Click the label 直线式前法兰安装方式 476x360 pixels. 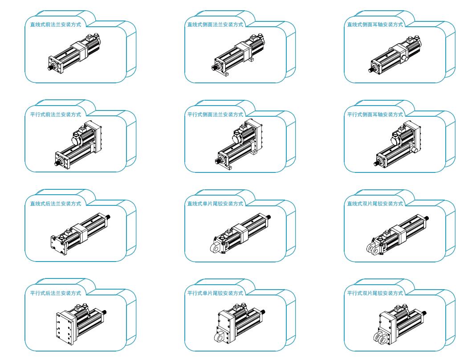pyautogui.click(x=56, y=25)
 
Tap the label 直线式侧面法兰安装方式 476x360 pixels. pyautogui.click(x=215, y=25)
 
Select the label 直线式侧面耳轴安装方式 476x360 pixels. pyautogui.click(x=375, y=25)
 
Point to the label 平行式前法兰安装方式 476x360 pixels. pyautogui.click(x=56, y=115)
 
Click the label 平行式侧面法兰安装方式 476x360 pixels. pyautogui.click(x=215, y=115)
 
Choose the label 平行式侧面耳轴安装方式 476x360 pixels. pyautogui.click(x=375, y=115)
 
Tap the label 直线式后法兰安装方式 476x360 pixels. pyautogui.click(x=56, y=204)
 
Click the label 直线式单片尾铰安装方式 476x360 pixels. pyautogui.click(x=215, y=204)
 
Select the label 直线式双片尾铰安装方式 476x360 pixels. pyautogui.click(x=375, y=204)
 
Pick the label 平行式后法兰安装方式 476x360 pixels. pyautogui.click(x=56, y=293)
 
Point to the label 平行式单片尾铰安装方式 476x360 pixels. pyautogui.click(x=215, y=293)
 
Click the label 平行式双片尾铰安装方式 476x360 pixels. pyautogui.click(x=375, y=293)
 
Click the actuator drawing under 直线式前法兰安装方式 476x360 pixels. pyautogui.click(x=74, y=53)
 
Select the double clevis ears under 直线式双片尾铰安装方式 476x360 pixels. pyautogui.click(x=373, y=249)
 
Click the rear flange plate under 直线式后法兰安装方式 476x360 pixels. pyautogui.click(x=58, y=245)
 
